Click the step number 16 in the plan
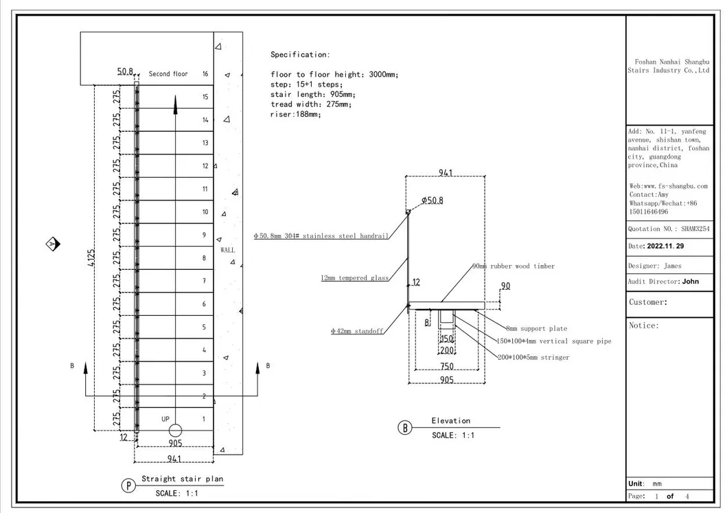click(205, 73)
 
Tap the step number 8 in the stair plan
click(204, 258)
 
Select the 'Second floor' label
click(168, 73)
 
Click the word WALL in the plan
click(227, 250)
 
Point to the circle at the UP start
click(175, 431)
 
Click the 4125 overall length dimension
click(101, 260)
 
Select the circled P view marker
click(128, 486)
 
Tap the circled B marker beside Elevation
click(405, 428)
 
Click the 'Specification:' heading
click(300, 54)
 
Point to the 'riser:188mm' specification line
click(295, 115)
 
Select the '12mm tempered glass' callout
click(355, 278)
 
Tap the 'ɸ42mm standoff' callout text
click(356, 332)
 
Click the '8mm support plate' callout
click(536, 329)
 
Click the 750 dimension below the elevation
click(447, 366)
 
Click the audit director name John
click(690, 281)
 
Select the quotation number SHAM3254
click(695, 229)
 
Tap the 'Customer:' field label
click(648, 302)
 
